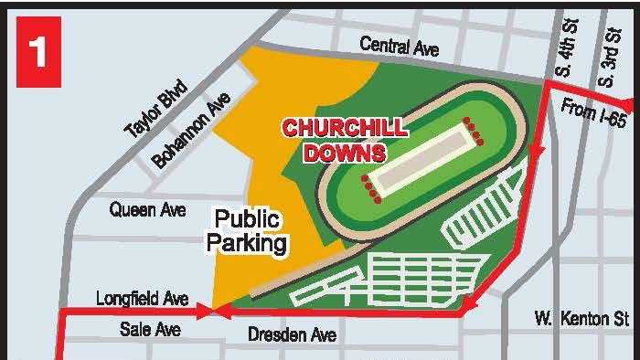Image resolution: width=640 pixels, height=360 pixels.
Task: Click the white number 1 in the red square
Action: point(37,51)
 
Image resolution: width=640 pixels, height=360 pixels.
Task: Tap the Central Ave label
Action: point(399,45)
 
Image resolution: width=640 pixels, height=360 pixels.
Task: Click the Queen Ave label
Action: point(147,210)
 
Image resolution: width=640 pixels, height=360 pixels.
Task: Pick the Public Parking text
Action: point(247,232)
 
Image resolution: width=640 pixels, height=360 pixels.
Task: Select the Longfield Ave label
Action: point(142,299)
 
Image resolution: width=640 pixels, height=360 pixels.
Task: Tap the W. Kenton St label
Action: point(581,319)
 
